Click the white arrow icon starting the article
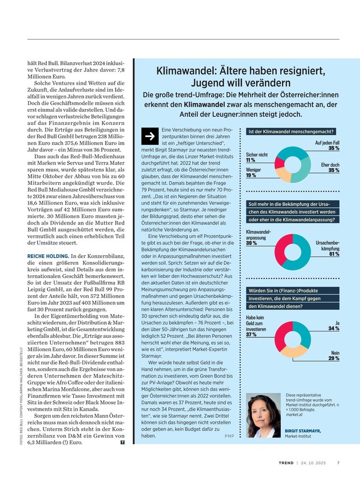point(149,137)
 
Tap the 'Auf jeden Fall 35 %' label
point(326,145)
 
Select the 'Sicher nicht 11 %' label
point(257,157)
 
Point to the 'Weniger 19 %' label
point(254,173)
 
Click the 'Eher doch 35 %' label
point(330,167)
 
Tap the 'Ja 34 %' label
point(333,325)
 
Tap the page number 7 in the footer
point(338,462)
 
